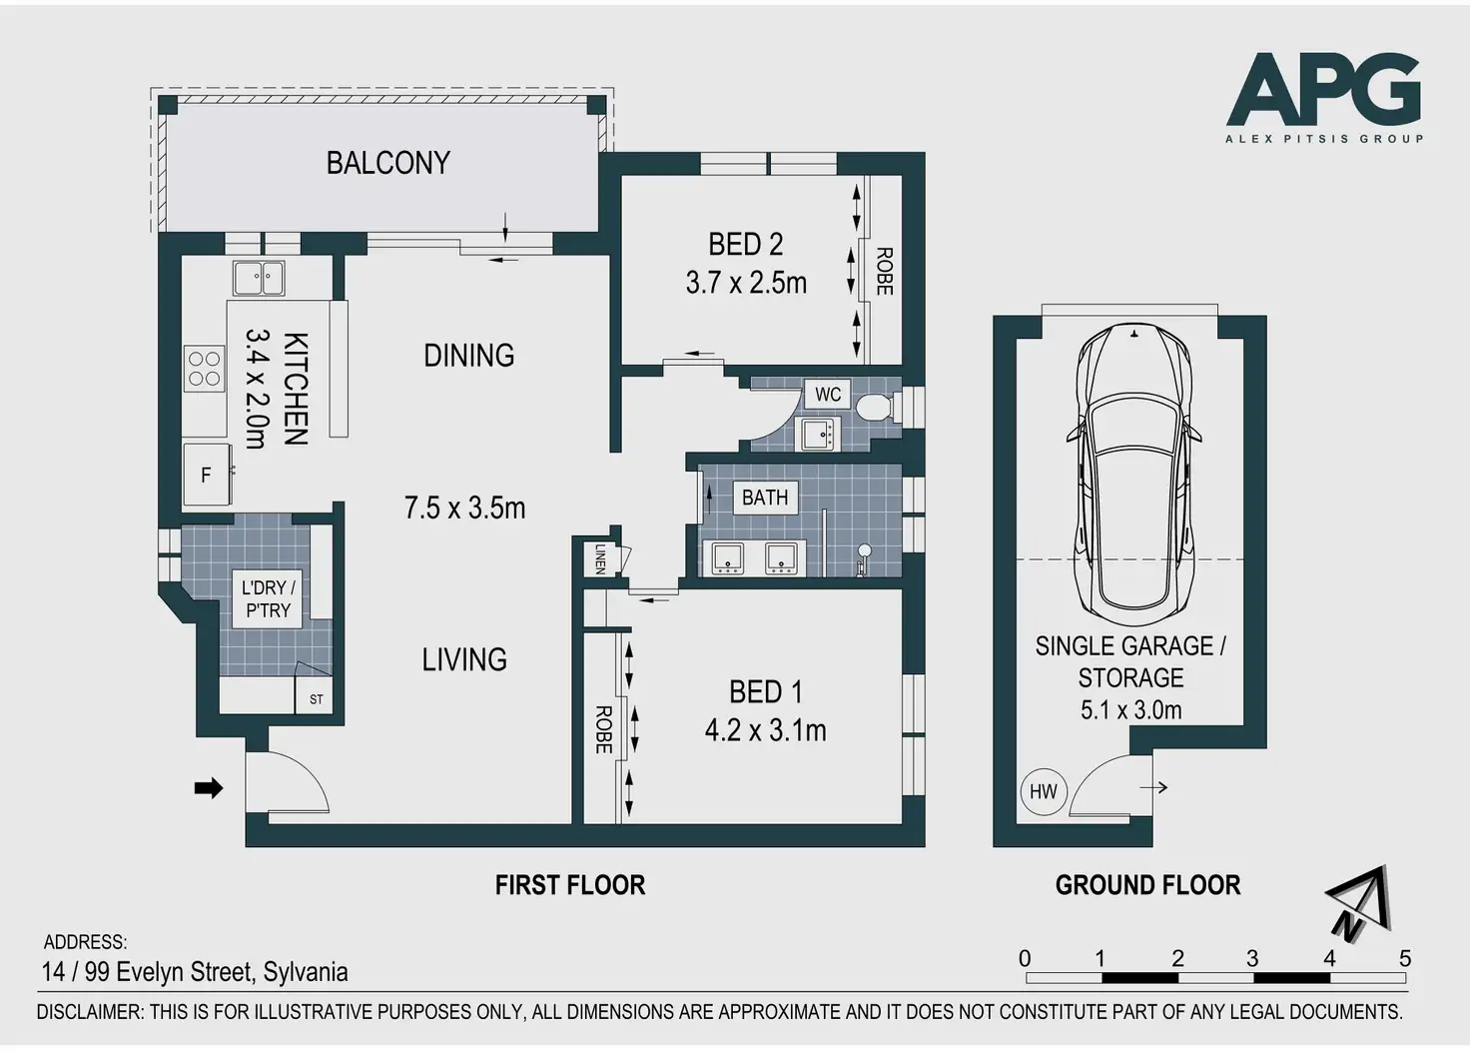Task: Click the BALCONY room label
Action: click(387, 163)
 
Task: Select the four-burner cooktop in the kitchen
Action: click(205, 369)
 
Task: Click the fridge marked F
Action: click(208, 476)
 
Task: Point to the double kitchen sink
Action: click(259, 279)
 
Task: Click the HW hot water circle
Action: click(1044, 792)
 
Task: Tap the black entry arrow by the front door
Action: click(208, 788)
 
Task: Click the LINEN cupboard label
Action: click(600, 558)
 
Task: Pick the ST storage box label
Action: click(316, 699)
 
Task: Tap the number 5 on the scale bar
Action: click(1405, 959)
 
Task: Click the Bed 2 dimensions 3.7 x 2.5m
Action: click(746, 284)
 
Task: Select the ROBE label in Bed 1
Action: click(603, 729)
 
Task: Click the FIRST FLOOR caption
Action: click(570, 885)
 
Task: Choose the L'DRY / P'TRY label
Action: click(268, 599)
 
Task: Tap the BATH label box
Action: click(765, 498)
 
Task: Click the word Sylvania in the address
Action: click(306, 972)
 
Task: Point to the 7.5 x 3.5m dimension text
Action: click(464, 509)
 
